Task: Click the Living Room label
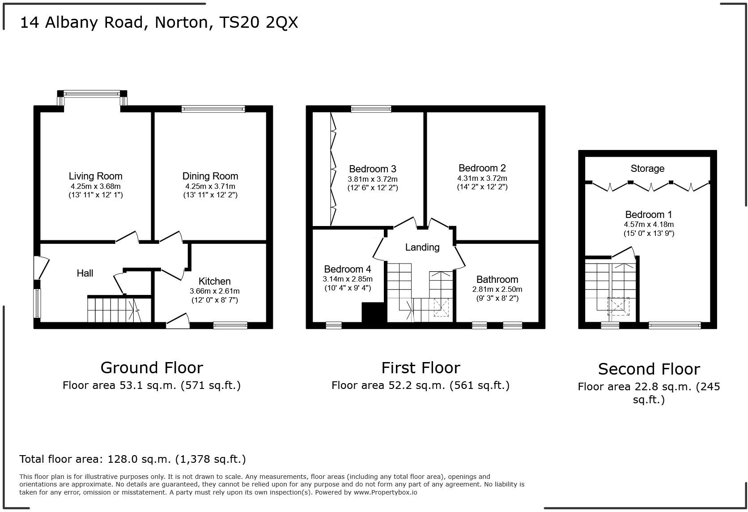pos(95,176)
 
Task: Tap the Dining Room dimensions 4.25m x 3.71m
pos(210,186)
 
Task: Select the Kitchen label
pos(214,281)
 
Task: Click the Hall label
pos(85,273)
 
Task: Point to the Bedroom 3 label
pos(372,169)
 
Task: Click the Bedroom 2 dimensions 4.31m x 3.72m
pos(482,178)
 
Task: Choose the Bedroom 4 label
pos(347,269)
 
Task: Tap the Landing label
pos(422,247)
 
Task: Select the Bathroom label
pos(497,279)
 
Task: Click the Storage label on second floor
pos(647,169)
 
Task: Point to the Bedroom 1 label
pos(648,214)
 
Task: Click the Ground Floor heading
pos(152,367)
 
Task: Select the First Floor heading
pos(420,368)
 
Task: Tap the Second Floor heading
pos(648,369)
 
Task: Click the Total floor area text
pos(132,459)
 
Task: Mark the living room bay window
pos(92,94)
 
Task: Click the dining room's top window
pos(213,109)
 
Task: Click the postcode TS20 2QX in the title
pos(258,22)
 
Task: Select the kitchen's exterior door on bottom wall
pos(178,323)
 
